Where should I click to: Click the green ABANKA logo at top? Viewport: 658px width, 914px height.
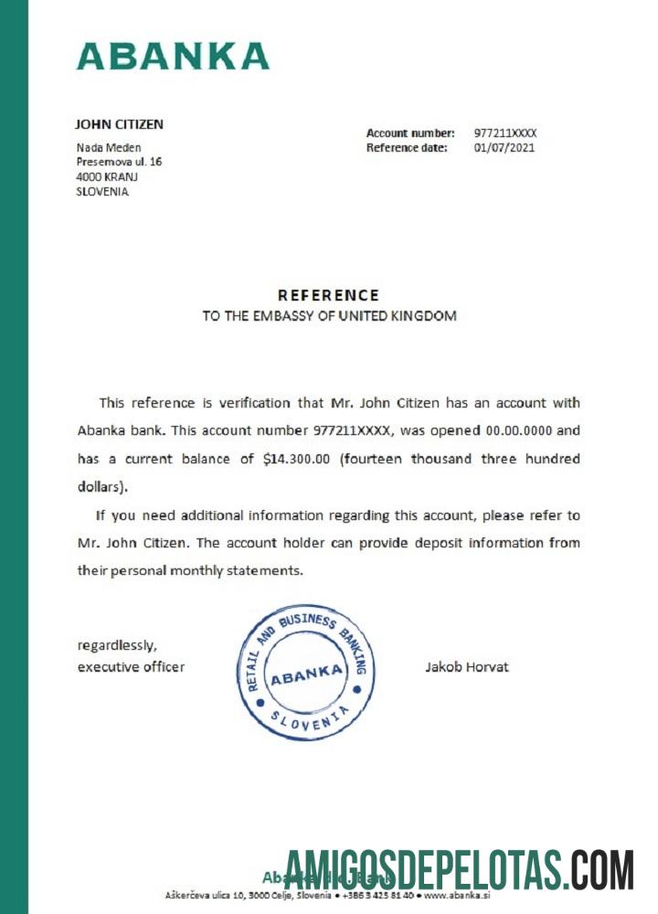pos(173,56)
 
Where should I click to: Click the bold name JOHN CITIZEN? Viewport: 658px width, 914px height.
pos(119,124)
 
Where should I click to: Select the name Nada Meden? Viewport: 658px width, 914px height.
pos(108,147)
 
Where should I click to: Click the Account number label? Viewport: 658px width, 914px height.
pos(410,133)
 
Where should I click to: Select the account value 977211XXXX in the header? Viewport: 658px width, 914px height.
pos(505,133)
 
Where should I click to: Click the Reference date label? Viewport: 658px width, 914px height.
pos(407,148)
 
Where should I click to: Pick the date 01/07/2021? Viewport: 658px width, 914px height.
pos(504,148)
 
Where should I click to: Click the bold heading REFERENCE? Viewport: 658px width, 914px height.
pos(328,295)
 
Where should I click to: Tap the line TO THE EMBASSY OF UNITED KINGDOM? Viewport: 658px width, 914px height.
pos(328,316)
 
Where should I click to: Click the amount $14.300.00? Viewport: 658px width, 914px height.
pos(295,459)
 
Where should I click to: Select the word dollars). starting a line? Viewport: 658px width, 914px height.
pos(103,486)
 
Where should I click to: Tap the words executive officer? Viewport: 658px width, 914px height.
pos(131,667)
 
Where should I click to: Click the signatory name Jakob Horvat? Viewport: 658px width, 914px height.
pos(466,667)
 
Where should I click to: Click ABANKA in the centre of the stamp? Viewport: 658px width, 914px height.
pos(306,674)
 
